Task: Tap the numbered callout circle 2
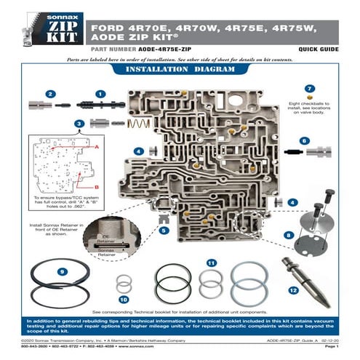(50, 94)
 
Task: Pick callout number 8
(289, 235)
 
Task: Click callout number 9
(64, 271)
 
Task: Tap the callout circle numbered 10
(124, 298)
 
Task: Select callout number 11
(211, 263)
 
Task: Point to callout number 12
(294, 290)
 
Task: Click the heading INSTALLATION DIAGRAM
(180, 70)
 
